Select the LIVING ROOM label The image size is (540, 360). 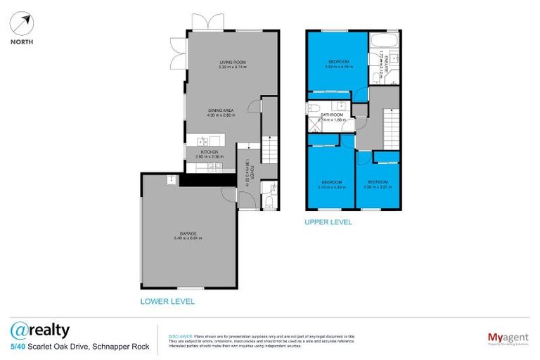click(x=231, y=63)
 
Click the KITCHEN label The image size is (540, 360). click(x=210, y=152)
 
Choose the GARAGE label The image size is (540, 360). click(x=187, y=233)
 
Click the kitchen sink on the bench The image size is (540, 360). click(x=204, y=140)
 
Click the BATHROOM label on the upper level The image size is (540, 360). click(x=331, y=115)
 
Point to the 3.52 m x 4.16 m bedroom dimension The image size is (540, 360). click(x=337, y=67)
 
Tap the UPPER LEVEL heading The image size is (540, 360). click(x=328, y=222)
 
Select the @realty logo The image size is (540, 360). click(x=40, y=330)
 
